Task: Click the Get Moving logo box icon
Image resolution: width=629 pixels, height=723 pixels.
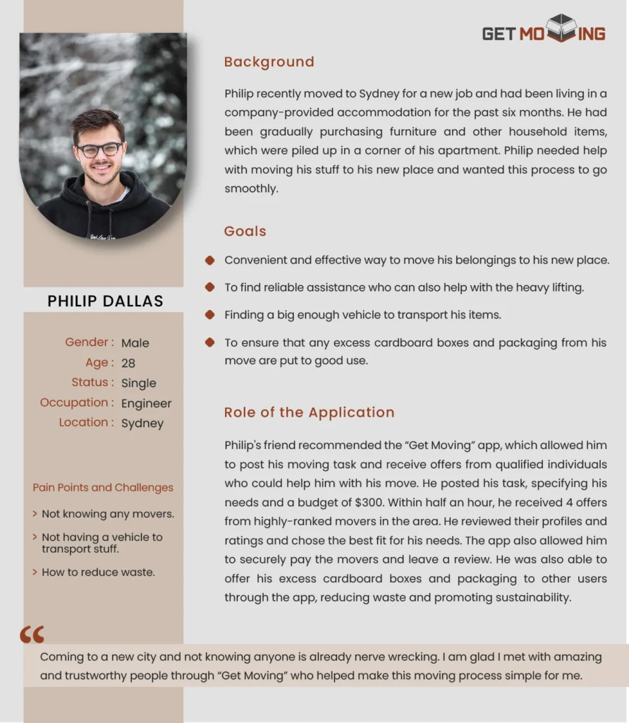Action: pos(561,28)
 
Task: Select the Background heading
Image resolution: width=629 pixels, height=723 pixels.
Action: pos(269,62)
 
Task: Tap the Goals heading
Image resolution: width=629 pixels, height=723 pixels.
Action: pos(245,232)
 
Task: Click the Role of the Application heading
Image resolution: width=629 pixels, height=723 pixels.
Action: pos(309,412)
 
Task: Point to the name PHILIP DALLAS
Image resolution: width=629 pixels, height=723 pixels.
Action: pos(105,301)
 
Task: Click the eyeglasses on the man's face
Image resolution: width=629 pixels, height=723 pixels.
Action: pos(99,150)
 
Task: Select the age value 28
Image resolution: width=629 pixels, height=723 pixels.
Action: pos(128,363)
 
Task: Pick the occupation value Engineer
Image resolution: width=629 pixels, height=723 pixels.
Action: pos(146,403)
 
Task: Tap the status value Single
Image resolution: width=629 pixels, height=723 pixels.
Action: pos(138,383)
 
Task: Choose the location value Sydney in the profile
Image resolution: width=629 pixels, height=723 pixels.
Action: pos(142,423)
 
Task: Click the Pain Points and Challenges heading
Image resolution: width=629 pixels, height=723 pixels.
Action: pos(103,487)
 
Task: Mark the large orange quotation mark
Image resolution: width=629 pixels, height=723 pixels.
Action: pos(32,634)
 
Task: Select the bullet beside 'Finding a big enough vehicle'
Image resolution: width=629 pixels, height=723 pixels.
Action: pos(209,314)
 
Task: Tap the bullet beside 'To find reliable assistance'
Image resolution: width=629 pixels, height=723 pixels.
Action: pos(209,287)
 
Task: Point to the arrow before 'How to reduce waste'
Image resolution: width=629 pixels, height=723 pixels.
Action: pos(35,572)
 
